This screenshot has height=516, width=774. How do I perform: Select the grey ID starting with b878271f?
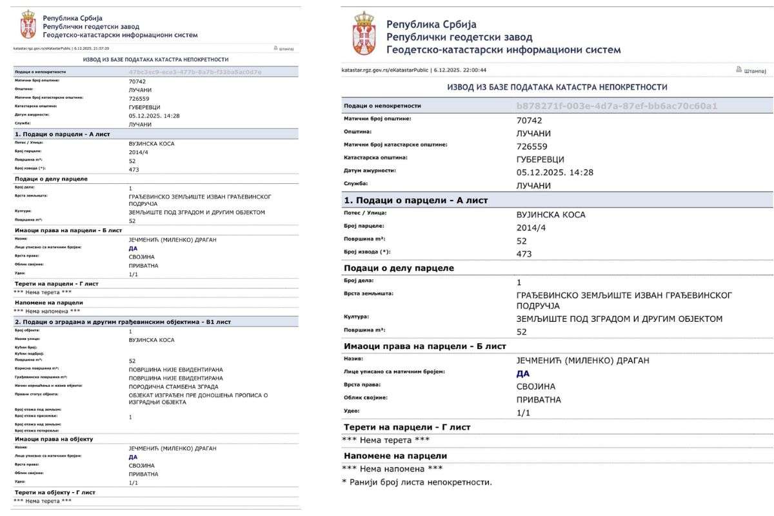click(617, 105)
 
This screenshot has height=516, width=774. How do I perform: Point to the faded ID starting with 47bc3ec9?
click(195, 72)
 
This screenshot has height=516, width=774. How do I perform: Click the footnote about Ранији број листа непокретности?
click(416, 482)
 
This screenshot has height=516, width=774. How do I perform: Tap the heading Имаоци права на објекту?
click(54, 439)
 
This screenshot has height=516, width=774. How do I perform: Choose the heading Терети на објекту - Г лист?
click(55, 492)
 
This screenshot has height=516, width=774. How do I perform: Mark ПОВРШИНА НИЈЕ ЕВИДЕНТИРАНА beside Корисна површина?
click(175, 369)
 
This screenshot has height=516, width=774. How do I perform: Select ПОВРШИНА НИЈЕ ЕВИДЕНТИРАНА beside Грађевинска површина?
click(175, 377)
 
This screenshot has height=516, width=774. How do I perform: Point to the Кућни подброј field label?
click(29, 354)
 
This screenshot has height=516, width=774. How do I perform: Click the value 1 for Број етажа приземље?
click(130, 417)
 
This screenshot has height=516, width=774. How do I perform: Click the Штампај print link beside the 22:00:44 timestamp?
click(751, 70)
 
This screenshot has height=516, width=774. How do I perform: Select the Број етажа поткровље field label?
click(37, 430)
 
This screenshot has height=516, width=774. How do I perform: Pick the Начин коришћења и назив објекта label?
click(46, 386)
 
